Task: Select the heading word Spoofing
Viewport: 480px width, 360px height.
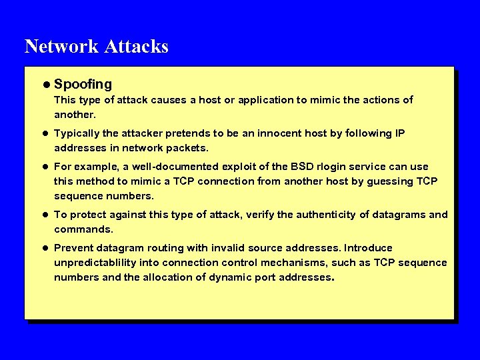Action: [x=83, y=85]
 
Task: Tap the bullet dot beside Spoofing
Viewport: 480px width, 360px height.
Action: [x=44, y=85]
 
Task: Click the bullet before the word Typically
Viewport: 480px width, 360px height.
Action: [x=44, y=133]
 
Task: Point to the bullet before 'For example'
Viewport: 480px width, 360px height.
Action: [x=44, y=167]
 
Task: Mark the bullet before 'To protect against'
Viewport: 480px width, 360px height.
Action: [x=44, y=215]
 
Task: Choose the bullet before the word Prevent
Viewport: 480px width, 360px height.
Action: [x=44, y=248]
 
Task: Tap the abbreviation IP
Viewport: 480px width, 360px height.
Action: [x=399, y=133]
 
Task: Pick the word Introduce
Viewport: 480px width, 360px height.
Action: [x=368, y=248]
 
